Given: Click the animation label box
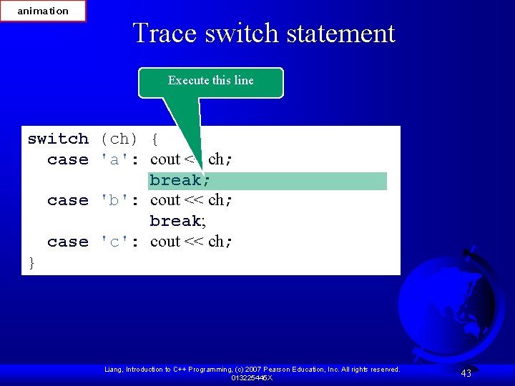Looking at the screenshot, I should click(43, 11).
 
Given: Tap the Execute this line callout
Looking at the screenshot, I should click(211, 81).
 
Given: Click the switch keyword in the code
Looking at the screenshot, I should click(58, 139).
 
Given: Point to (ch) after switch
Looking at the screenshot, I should click(119, 139).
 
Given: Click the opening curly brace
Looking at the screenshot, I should click(155, 139).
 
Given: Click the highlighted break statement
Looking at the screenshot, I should click(179, 180).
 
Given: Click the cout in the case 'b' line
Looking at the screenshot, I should click(165, 201).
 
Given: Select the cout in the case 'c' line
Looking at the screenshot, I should click(165, 242).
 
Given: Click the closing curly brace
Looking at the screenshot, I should click(31, 263).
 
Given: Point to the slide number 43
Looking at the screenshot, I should click(466, 373).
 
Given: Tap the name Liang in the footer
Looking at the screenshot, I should click(114, 370).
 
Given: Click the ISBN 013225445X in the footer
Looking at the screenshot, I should click(251, 377).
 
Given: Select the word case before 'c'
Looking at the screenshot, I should click(68, 242).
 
